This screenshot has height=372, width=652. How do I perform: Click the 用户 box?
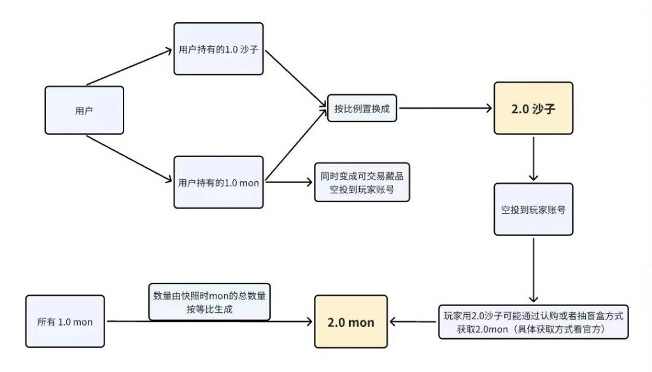tap(84, 110)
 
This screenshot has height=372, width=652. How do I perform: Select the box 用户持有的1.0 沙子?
tap(218, 48)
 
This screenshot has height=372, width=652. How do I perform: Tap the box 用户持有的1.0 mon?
tap(218, 182)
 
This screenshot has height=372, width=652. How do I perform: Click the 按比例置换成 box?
tap(362, 109)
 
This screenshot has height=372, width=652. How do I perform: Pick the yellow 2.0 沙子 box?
tap(534, 108)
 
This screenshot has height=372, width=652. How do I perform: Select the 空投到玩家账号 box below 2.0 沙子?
tap(534, 209)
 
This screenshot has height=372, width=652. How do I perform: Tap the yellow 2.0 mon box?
tap(351, 322)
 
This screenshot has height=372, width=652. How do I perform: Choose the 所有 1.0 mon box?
tap(64, 321)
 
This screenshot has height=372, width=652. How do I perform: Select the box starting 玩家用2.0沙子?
tap(534, 321)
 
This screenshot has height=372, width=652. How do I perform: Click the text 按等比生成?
tap(209, 308)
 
